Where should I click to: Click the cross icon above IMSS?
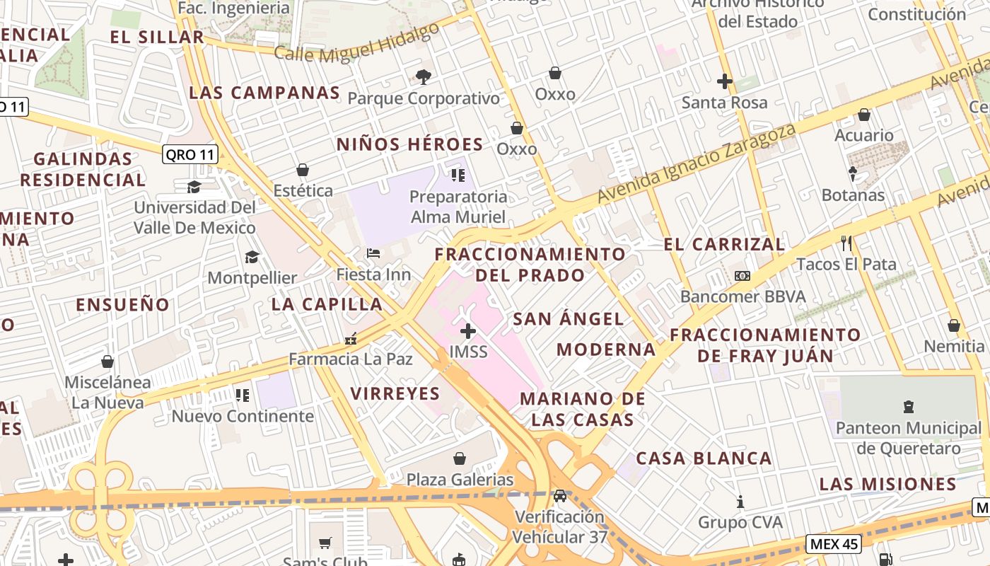(467, 330)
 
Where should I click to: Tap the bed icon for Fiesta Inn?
(373, 253)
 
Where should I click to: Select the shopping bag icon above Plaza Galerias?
(460, 458)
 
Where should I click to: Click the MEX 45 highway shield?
(834, 544)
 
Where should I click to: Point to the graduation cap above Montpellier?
(252, 257)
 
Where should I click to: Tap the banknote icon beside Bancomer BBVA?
(742, 276)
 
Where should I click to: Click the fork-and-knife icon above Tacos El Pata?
(846, 243)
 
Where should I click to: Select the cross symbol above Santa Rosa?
(724, 81)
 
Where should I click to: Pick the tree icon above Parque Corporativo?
(424, 76)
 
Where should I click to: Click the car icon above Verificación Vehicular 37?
(560, 495)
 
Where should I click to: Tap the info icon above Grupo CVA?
(740, 502)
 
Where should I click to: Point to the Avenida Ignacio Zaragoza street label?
(697, 163)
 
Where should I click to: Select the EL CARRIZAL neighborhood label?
(724, 245)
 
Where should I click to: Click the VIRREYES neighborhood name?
(395, 393)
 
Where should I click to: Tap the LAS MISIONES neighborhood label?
(887, 485)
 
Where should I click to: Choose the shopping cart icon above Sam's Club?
(325, 543)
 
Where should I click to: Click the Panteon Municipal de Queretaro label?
(909, 438)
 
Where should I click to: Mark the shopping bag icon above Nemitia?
(953, 325)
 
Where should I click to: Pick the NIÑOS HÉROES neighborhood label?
(409, 144)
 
